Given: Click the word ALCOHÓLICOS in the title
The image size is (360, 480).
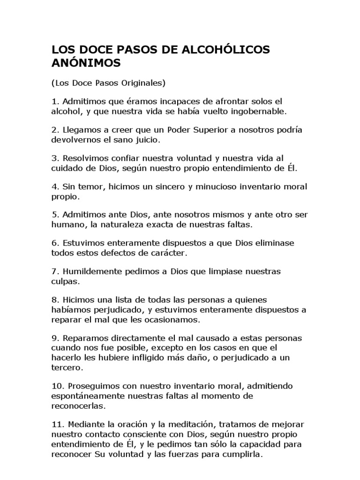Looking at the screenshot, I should (229, 50).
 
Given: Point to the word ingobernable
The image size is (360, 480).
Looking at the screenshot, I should (261, 112).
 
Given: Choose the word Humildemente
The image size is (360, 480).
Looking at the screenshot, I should (88, 272).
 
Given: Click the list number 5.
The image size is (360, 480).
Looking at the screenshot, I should (54, 215).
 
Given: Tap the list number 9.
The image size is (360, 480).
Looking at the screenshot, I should (54, 338).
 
